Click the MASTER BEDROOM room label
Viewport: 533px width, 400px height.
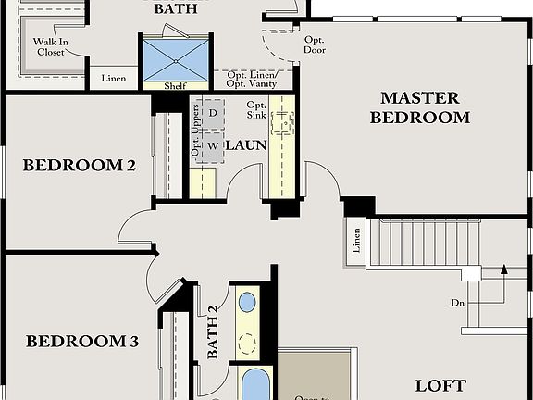tap(419, 107)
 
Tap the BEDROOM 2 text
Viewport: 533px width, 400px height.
tap(80, 166)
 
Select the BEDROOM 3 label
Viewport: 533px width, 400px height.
tap(82, 342)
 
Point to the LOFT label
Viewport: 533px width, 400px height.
tap(440, 385)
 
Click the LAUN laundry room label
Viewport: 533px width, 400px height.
tap(246, 145)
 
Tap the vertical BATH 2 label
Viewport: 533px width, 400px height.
tap(212, 331)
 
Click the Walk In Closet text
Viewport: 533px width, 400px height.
tap(51, 47)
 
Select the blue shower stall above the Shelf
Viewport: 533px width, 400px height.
tap(176, 60)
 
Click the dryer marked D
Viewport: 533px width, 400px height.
tap(212, 113)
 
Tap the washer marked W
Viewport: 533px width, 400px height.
tap(212, 145)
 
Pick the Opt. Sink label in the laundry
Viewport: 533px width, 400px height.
tap(257, 111)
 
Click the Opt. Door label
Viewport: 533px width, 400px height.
tap(315, 44)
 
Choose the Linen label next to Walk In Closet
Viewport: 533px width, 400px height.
tap(114, 79)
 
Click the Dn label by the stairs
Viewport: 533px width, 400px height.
tap(457, 303)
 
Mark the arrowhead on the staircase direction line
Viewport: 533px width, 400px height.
tap(503, 269)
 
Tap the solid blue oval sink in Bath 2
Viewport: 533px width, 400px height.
tap(247, 302)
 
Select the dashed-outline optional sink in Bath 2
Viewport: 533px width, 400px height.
tap(247, 343)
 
